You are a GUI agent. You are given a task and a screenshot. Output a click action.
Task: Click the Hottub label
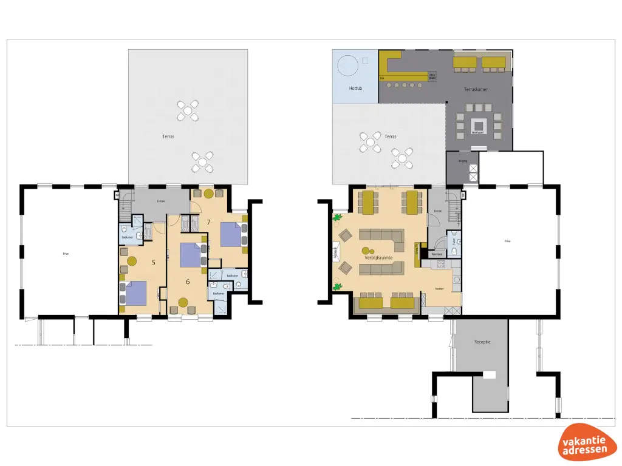point(355,89)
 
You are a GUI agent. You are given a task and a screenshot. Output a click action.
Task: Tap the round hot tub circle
point(347,66)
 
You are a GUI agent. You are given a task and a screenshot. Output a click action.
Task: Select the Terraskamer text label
point(476,89)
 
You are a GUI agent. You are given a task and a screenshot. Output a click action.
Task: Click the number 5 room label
point(153,263)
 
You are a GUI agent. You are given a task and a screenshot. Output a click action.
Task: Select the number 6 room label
point(188,282)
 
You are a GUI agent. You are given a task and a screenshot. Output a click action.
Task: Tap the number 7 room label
point(208,222)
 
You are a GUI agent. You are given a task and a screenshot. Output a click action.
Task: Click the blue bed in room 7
point(231,235)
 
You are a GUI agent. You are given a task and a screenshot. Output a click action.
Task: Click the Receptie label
point(482,342)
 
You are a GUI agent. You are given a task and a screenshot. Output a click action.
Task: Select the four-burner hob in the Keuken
point(439,264)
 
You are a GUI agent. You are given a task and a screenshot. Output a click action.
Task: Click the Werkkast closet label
point(436,254)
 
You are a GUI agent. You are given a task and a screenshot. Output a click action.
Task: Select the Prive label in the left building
point(66,253)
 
